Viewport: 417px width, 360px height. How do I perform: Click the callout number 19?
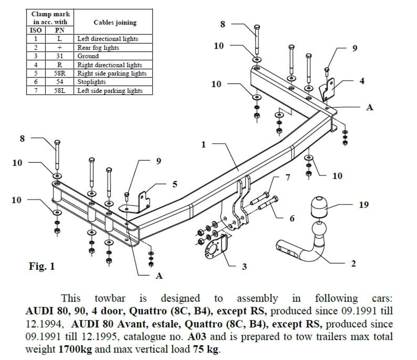(x=364, y=205)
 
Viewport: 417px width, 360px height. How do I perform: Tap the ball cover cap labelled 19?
(x=320, y=206)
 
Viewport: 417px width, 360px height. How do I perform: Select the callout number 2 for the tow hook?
(x=353, y=263)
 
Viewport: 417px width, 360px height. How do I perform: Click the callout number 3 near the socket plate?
(x=244, y=266)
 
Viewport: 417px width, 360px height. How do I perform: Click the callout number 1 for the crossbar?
(x=203, y=145)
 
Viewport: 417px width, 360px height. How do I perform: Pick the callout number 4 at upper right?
(x=362, y=81)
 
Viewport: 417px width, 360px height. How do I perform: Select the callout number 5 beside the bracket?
(x=175, y=184)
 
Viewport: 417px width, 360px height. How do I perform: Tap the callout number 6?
(x=292, y=218)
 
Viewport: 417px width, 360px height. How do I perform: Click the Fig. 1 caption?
(x=42, y=266)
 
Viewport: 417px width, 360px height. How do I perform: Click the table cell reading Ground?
(x=88, y=56)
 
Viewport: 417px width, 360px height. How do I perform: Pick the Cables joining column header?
(x=115, y=23)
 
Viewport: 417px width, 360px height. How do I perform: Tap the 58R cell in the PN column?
(x=60, y=73)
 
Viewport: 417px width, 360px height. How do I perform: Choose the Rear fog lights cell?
(x=98, y=48)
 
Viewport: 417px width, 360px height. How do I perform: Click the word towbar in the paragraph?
(x=110, y=299)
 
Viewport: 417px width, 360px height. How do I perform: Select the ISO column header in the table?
(x=36, y=30)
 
